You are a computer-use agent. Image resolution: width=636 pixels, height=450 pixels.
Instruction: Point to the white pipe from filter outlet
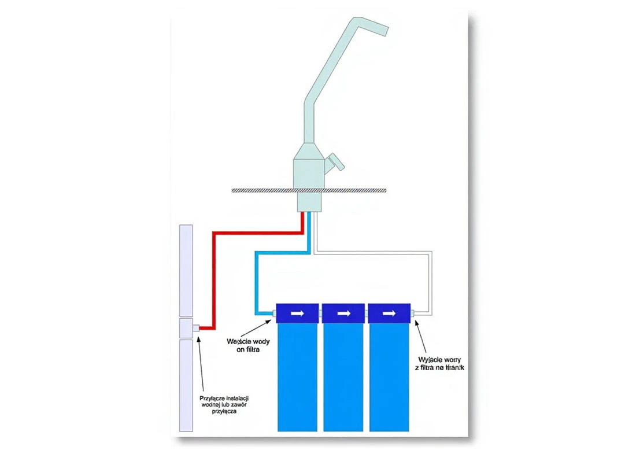(x=431, y=283)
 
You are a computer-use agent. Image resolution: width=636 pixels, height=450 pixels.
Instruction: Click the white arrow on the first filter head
(x=297, y=313)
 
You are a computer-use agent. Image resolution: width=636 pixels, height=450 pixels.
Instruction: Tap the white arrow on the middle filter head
(x=343, y=313)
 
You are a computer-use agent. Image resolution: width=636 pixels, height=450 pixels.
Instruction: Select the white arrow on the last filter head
(x=390, y=313)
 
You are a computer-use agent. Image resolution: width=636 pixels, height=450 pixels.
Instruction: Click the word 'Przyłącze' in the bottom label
(x=210, y=398)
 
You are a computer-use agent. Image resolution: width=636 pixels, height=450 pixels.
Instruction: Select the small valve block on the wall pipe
(x=186, y=329)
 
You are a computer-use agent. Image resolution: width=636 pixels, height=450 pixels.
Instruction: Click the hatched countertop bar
(x=260, y=190)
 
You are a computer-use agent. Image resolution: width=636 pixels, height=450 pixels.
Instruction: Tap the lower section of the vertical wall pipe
(x=186, y=385)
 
